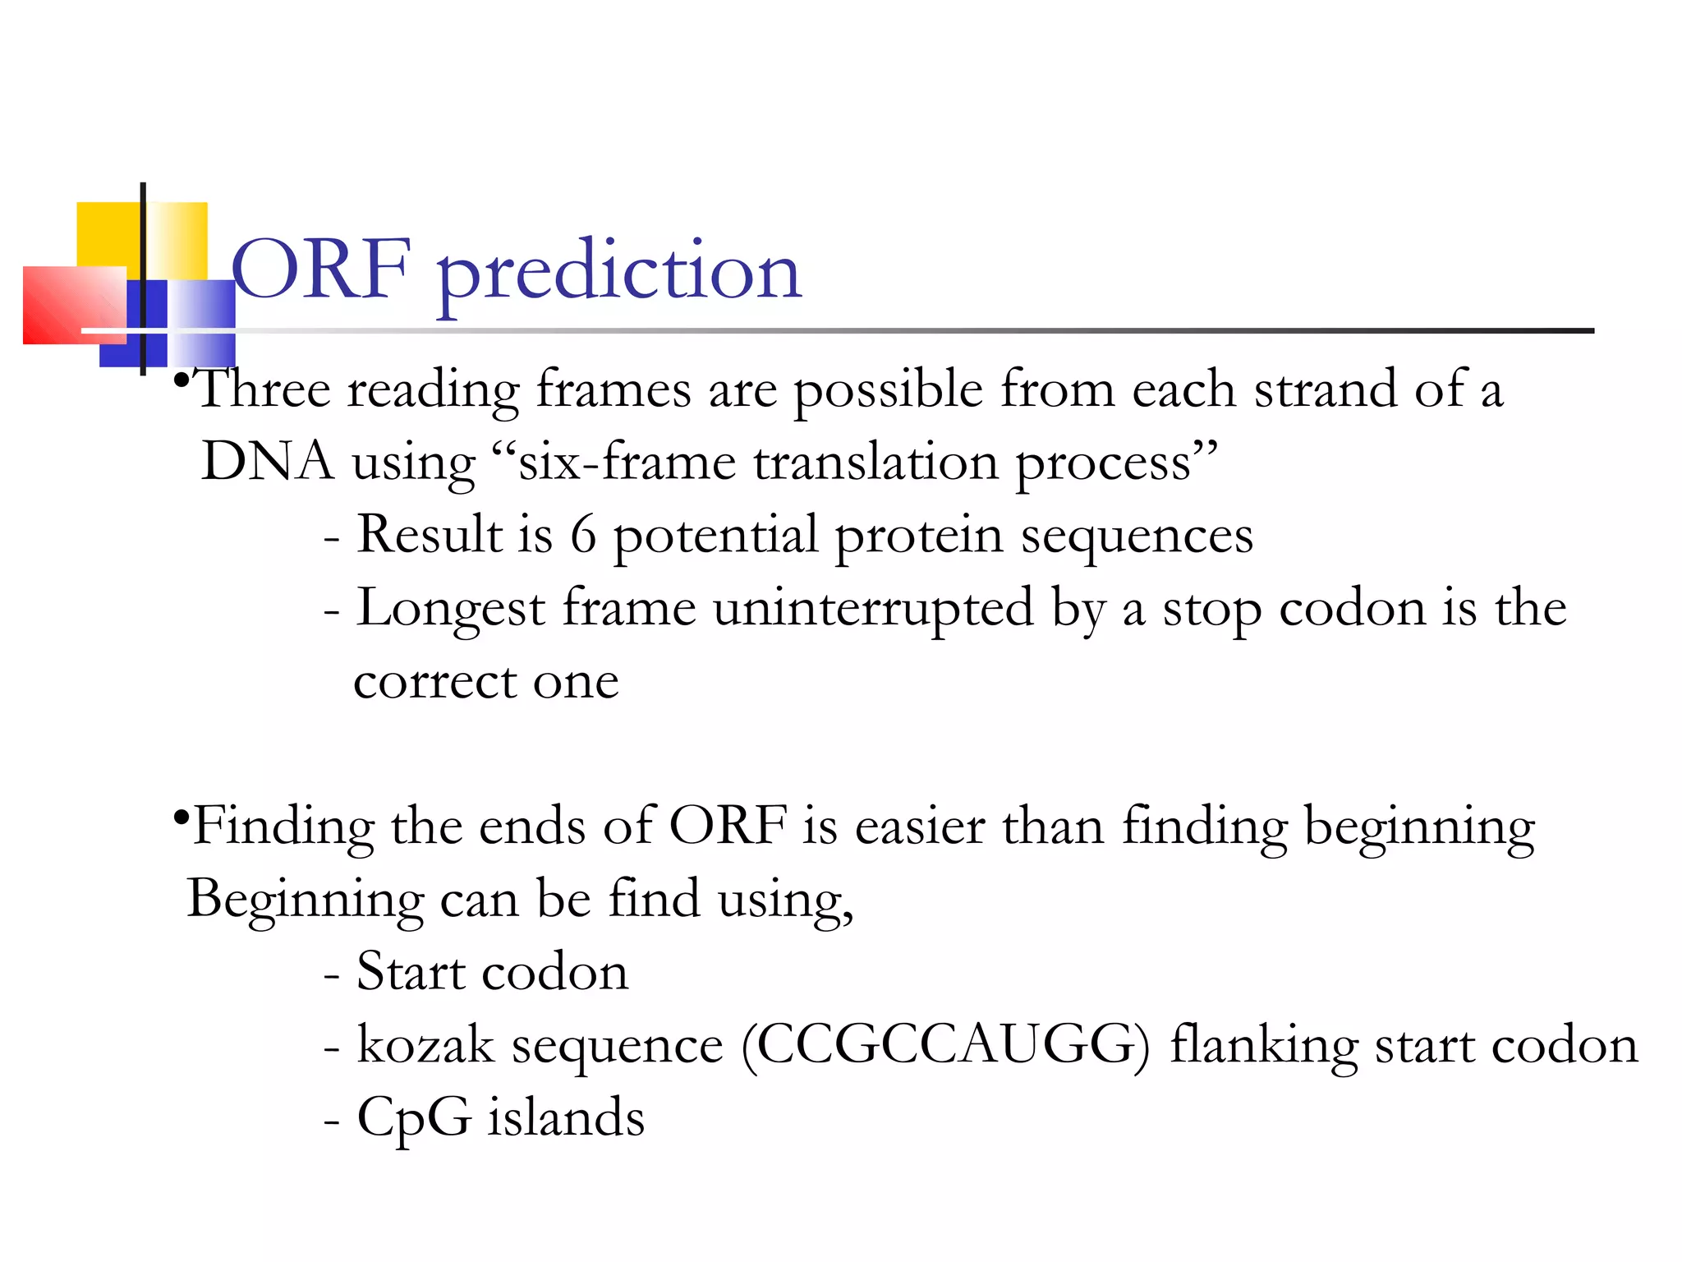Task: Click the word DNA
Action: point(268,461)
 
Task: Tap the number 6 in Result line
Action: point(582,535)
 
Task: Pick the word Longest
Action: point(450,609)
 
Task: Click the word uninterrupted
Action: point(873,609)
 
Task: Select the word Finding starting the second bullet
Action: point(283,826)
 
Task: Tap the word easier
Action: point(920,826)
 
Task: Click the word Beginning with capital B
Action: point(305,899)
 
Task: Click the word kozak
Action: point(425,1045)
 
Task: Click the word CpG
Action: point(414,1118)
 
